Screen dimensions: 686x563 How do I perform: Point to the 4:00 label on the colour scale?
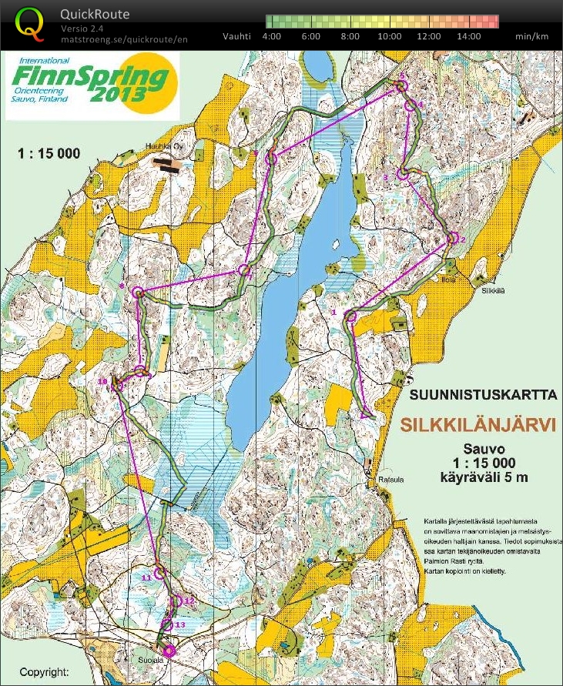[271, 36]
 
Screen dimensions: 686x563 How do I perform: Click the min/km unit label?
[532, 36]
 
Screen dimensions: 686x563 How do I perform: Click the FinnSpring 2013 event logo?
[92, 84]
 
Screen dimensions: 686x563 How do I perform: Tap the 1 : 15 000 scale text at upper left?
[49, 154]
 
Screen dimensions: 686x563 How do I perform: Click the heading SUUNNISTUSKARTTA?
[483, 396]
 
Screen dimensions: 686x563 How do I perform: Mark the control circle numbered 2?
[451, 239]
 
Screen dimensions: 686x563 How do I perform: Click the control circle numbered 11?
[161, 572]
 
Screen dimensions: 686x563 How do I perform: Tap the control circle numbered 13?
[169, 625]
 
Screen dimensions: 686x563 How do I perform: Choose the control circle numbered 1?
[352, 316]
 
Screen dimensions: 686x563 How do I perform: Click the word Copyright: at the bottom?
[44, 671]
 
